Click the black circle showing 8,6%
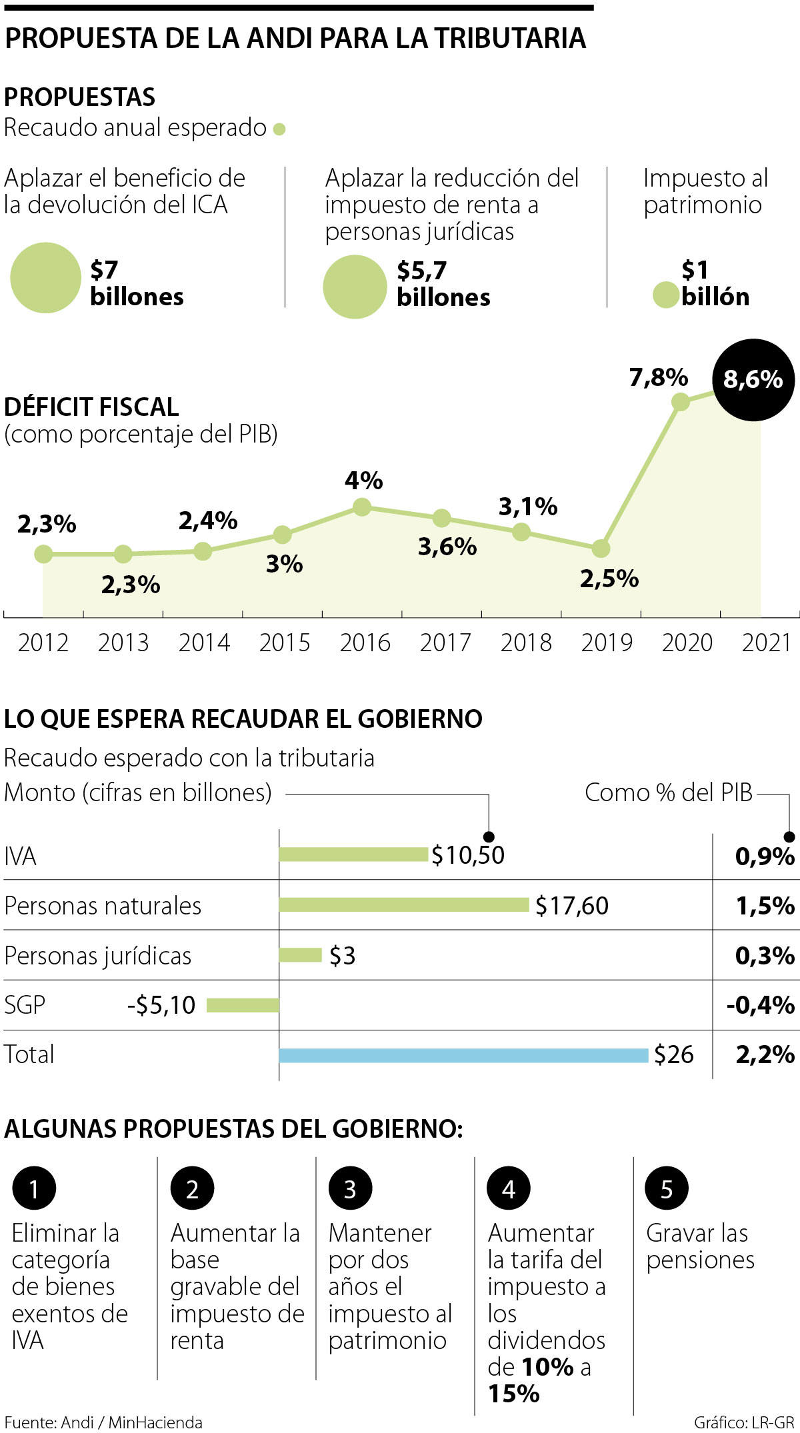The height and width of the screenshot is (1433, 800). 753,380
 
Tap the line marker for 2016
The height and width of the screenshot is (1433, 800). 361,507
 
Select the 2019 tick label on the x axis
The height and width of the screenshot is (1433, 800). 607,643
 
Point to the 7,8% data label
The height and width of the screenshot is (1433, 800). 658,378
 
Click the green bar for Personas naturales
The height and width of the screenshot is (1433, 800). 404,904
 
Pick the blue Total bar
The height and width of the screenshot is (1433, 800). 463,1055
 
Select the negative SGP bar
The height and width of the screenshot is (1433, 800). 243,1005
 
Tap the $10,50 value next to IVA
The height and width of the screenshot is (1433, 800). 468,855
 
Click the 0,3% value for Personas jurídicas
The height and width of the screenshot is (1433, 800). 765,956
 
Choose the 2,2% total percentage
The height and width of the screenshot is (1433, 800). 765,1054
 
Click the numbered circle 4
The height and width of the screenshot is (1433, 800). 509,1188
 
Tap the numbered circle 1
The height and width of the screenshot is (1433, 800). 34,1188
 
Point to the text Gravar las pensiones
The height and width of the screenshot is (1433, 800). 700,1246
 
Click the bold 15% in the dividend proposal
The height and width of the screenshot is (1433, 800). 514,1394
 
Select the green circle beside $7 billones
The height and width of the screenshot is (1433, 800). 45,277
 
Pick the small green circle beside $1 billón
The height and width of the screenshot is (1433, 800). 665,295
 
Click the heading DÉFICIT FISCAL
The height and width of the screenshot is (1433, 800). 91,407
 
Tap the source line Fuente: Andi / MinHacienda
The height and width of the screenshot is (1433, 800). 103,1422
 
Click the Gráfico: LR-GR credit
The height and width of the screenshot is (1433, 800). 744,1422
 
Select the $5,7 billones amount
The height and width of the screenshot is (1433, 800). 443,284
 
